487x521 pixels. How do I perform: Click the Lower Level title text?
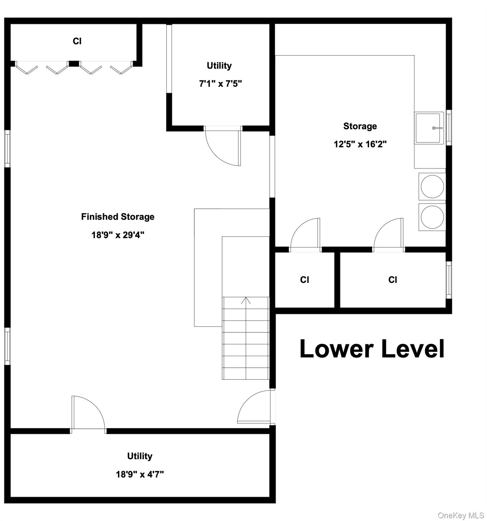tap(372, 349)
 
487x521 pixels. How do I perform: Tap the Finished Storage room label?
tap(118, 217)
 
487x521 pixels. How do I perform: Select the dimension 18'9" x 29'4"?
tap(118, 235)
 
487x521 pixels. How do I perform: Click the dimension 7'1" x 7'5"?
tap(220, 83)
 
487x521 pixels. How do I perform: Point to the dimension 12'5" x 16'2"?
tap(360, 144)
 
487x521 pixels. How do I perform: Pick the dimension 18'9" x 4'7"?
tap(140, 474)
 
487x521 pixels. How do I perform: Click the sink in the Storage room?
tap(429, 128)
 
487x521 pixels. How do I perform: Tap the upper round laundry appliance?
tap(432, 187)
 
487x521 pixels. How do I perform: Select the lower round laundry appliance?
tap(432, 217)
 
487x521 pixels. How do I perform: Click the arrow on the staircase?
tap(246, 301)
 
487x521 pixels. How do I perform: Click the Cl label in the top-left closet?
tap(77, 41)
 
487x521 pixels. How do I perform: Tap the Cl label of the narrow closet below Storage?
tap(304, 280)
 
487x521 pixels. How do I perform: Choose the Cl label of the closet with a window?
tap(392, 280)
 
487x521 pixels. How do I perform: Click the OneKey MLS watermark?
tap(461, 516)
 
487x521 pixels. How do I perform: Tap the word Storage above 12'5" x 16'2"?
tap(360, 126)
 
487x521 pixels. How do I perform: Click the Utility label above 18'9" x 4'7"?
tap(140, 456)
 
